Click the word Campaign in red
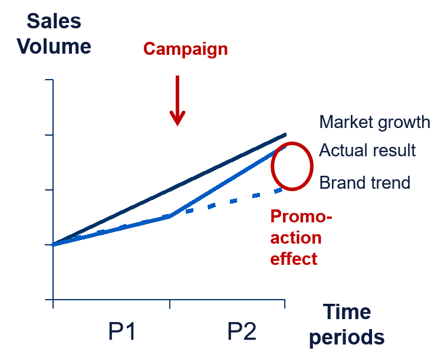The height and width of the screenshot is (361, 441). pos(185,50)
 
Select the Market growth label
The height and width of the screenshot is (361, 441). pos(374,122)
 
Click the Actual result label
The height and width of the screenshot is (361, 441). pos(367,150)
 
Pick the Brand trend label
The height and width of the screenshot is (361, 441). pos(365,183)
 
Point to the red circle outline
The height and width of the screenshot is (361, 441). pos(272,166)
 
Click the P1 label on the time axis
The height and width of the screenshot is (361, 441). pos(122,332)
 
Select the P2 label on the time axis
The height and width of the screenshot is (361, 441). pos(242,332)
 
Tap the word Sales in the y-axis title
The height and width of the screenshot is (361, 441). pos(54,21)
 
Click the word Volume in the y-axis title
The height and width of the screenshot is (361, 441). pos(54,47)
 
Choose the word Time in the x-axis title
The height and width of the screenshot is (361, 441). pos(347,312)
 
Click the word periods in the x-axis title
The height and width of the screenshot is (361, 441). pos(347,337)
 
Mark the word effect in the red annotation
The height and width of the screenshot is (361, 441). pos(294,258)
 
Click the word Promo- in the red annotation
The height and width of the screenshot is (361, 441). pos(301,216)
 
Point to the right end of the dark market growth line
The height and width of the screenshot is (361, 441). pos(285,135)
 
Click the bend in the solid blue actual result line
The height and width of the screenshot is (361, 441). pos(170,216)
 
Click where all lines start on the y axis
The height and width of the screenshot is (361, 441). pos(53,245)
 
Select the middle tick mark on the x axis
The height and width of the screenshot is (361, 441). pos(170,304)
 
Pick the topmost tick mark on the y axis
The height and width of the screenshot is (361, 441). pos(49,80)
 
